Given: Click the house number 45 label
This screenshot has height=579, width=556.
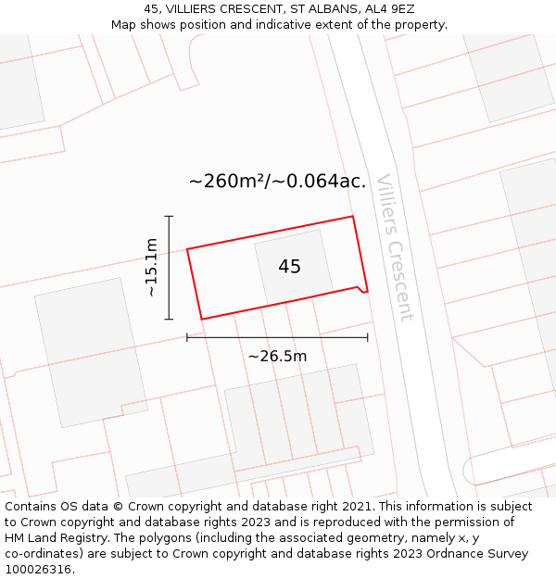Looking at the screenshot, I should coord(289,267).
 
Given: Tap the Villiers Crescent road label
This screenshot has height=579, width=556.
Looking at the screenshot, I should coord(395,247).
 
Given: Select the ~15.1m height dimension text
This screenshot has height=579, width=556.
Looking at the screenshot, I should coord(152,268).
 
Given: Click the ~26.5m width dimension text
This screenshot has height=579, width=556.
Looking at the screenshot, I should coord(277,356).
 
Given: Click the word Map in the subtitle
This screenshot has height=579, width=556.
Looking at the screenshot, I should coord(125,25).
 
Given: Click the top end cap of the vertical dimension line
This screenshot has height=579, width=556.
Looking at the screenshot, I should coord(169,216).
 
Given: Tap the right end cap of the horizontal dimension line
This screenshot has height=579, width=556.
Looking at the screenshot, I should coord(368,338).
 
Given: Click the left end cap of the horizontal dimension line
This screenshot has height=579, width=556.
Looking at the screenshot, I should coord(187,338).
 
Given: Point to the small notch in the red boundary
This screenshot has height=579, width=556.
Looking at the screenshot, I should coord(360,289).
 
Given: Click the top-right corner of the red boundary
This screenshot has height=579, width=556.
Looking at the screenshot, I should coord(353,217).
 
